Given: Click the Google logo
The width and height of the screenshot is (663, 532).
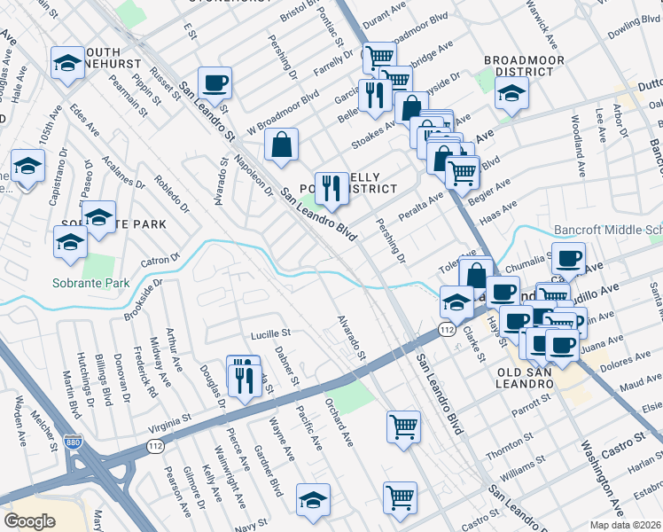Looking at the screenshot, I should coord(29,521).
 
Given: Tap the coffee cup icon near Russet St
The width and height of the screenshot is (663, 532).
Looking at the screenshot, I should coord(214,83).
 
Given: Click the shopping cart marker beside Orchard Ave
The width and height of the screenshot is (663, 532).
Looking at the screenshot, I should coord(403,426).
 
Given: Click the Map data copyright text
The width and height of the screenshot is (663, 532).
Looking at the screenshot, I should coord(630,524).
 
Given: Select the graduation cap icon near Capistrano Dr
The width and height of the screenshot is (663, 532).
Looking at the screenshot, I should coord(28,166).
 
